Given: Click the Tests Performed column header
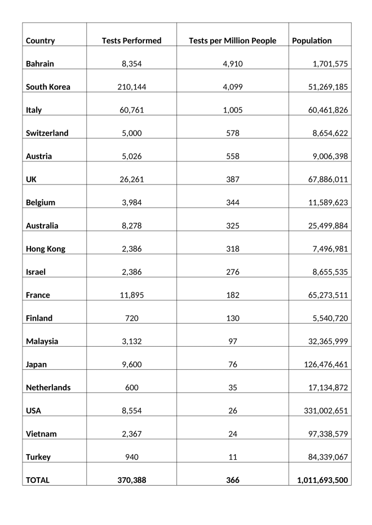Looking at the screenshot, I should click(x=131, y=41).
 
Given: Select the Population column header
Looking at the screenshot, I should click(x=312, y=41).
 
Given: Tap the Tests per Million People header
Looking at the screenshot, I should click(x=232, y=41).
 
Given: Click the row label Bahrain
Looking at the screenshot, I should click(x=40, y=64).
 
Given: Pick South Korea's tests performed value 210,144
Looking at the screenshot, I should click(x=131, y=87).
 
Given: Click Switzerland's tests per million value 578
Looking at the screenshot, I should click(x=232, y=133).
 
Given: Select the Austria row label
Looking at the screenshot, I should click(x=39, y=156).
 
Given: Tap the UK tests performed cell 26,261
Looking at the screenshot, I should click(x=131, y=180).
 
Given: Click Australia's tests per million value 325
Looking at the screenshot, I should click(x=232, y=226).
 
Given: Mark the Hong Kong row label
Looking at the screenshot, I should click(x=46, y=249).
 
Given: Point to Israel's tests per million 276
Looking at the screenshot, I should click(x=232, y=272).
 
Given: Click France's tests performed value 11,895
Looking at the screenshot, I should click(x=131, y=295).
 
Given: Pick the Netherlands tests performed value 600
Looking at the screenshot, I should click(x=131, y=387).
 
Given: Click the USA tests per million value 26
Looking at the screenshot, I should click(x=232, y=411).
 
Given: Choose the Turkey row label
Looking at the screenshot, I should click(x=38, y=457).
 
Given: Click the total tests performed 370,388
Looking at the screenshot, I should click(x=131, y=480).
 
